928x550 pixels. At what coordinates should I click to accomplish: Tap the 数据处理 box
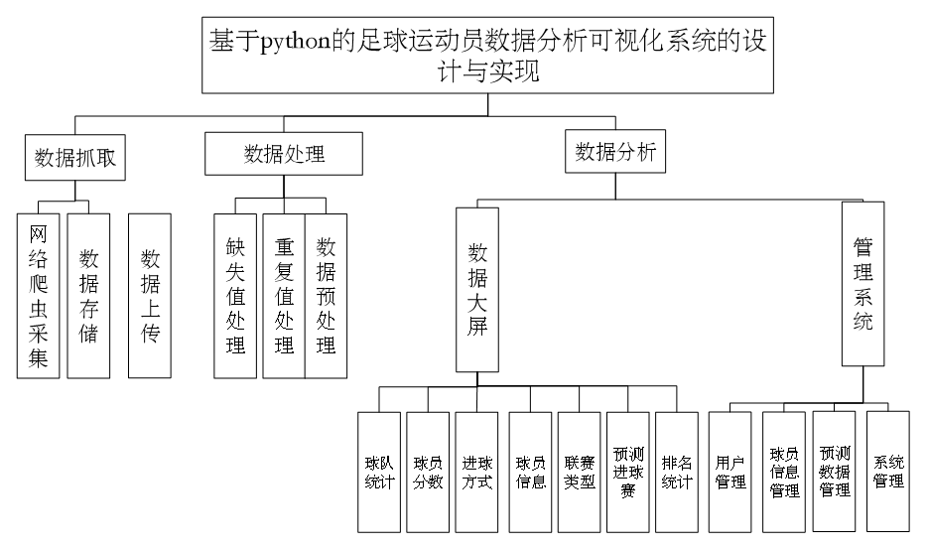click(284, 154)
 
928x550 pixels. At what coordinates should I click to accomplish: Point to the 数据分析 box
click(615, 152)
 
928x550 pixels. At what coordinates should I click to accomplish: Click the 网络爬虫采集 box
click(39, 296)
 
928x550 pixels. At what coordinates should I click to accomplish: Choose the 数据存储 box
click(88, 296)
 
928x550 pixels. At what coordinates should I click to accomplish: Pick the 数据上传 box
click(150, 296)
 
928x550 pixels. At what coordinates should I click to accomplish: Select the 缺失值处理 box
click(235, 296)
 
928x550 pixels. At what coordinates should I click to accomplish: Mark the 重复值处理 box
click(285, 296)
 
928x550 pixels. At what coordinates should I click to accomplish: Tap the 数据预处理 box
click(326, 296)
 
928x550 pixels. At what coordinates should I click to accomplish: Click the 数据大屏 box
click(477, 288)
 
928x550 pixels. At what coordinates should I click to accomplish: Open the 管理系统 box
click(862, 283)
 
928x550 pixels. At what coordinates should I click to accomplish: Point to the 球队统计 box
click(379, 473)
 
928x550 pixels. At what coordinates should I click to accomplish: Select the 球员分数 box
click(428, 473)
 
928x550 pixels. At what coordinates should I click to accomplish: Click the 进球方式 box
click(477, 473)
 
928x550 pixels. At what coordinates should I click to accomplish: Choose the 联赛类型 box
click(580, 473)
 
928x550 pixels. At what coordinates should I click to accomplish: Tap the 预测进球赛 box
click(628, 473)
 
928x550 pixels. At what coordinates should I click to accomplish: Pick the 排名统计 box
click(677, 473)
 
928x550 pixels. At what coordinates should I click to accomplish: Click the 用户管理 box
click(730, 473)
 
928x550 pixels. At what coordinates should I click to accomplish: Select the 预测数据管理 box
click(834, 471)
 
